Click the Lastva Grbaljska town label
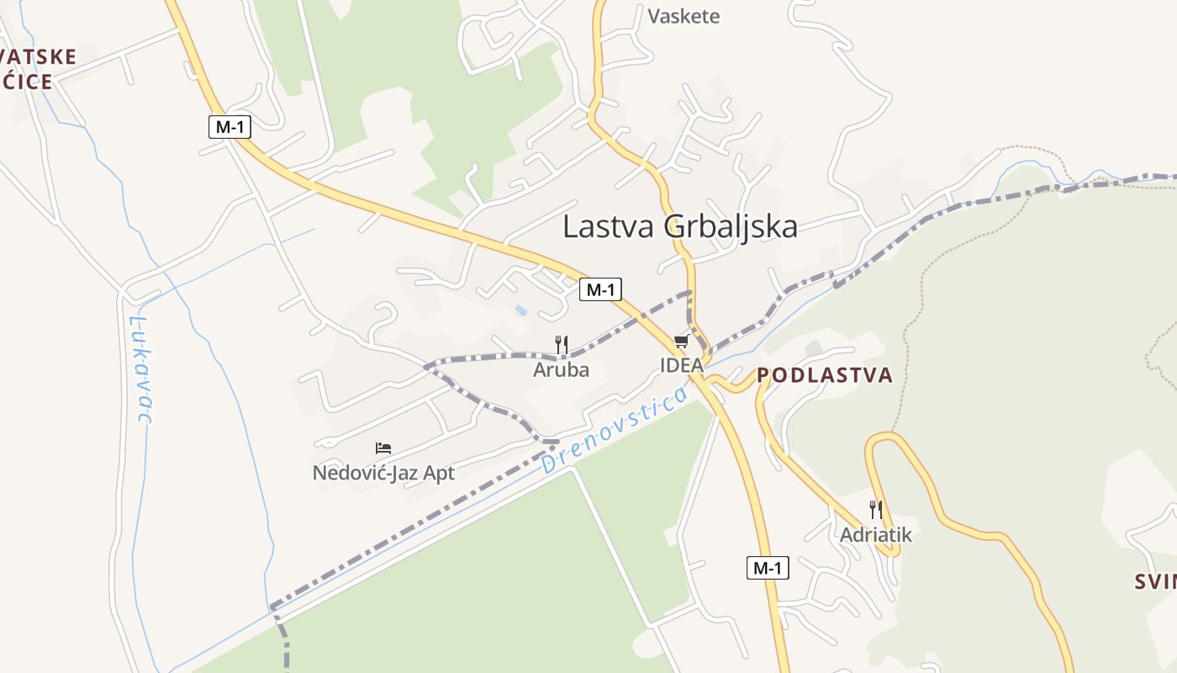679,226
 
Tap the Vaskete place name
684,16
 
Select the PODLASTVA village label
824,375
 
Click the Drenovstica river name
615,430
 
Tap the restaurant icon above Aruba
562,344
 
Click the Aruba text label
562,369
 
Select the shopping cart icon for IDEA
681,341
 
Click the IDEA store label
681,366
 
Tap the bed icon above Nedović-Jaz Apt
383,448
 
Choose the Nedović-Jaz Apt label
383,473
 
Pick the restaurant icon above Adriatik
875,509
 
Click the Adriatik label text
875,534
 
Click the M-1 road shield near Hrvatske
230,127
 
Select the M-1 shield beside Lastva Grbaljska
600,290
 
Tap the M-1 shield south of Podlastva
768,568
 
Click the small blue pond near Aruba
522,310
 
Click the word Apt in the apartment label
438,473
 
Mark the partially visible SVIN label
1155,581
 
